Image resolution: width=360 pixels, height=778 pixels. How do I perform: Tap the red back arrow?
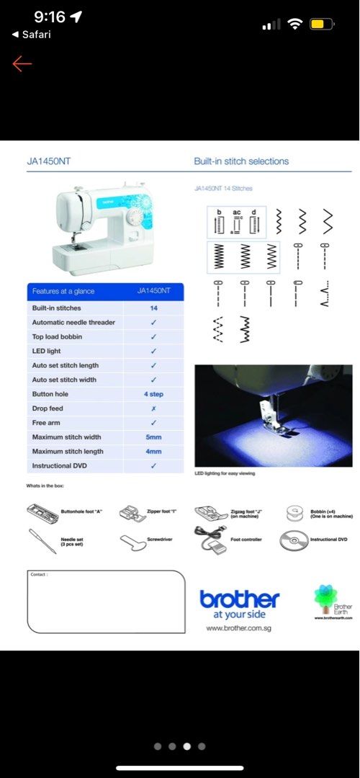[x=22, y=64]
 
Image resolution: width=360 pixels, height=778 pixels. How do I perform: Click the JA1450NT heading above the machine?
[x=49, y=162]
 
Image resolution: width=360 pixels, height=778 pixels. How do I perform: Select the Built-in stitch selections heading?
[x=241, y=161]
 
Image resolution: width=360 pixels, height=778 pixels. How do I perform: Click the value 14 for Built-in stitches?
[x=153, y=308]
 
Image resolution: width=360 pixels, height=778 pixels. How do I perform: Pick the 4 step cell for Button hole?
[x=153, y=394]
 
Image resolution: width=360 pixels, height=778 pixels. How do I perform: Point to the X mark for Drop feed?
[x=153, y=408]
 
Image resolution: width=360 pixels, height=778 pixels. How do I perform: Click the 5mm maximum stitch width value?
[x=153, y=437]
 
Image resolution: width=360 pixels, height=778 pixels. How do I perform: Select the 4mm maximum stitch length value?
[x=153, y=452]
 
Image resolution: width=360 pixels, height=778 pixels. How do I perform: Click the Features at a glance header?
[x=63, y=291]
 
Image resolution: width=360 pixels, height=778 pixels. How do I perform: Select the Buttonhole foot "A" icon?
[x=43, y=513]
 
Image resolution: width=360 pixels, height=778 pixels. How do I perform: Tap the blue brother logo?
[x=239, y=600]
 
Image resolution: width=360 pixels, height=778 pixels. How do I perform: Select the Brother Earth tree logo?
[x=326, y=596]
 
